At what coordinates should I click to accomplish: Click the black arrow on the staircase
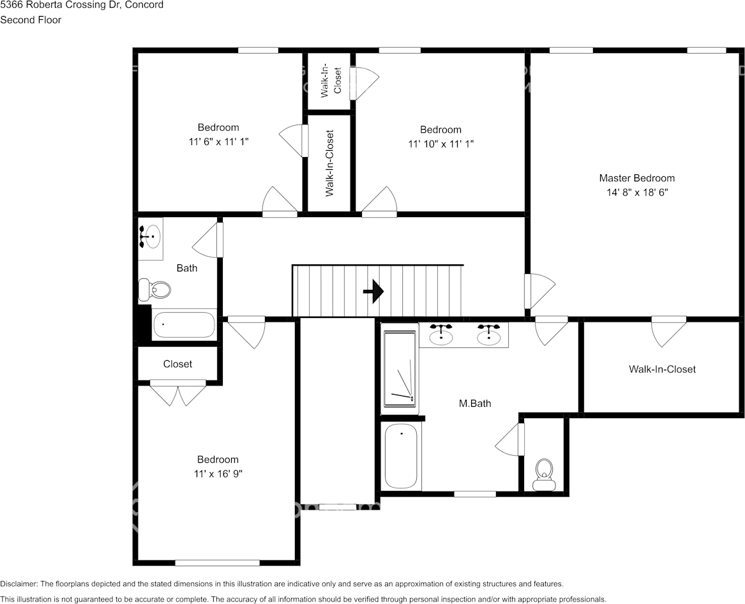coord(373,292)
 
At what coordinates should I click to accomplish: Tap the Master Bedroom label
coord(636,178)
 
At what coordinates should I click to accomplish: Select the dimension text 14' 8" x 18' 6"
coord(636,192)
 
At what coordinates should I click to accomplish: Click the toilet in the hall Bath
coord(154,290)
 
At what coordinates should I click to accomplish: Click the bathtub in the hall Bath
coord(184,325)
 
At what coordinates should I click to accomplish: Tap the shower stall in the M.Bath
coord(400,368)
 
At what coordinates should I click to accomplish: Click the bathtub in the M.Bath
coord(401,456)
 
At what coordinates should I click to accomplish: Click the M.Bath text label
coord(475,404)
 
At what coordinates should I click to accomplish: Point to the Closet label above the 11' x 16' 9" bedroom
coord(177,364)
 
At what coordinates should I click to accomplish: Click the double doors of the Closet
coord(177,392)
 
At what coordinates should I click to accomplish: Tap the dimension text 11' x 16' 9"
coord(217,473)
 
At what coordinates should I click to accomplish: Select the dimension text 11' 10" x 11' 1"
coord(440,144)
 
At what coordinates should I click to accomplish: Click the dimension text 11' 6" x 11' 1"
coord(218,141)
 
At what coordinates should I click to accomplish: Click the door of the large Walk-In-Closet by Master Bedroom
coord(668,331)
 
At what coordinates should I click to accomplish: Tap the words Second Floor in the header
coord(31,20)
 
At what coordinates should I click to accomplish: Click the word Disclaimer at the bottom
coord(19,584)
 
